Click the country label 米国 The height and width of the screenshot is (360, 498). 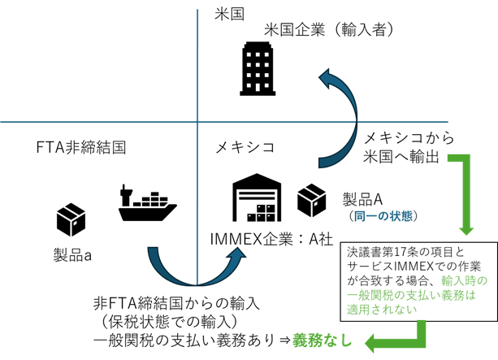click(x=230, y=14)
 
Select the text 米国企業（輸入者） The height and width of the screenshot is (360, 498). click(x=329, y=30)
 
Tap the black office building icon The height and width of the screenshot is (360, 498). click(x=250, y=70)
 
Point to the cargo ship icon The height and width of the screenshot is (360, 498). click(x=147, y=203)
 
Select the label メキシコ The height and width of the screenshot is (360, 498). click(x=245, y=148)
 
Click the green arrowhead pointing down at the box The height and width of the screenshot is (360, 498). click(x=468, y=225)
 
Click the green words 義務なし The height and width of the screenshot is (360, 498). click(x=323, y=340)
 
